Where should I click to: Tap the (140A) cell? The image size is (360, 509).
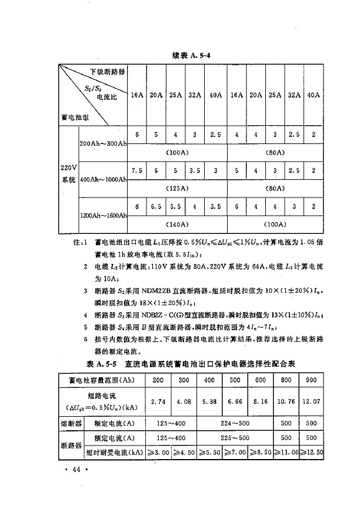177,224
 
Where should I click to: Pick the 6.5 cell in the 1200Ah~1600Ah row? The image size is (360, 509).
156,206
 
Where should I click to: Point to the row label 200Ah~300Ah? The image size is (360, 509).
103,143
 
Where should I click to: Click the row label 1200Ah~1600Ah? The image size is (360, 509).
103,216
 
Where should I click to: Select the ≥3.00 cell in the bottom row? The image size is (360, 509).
157,453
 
